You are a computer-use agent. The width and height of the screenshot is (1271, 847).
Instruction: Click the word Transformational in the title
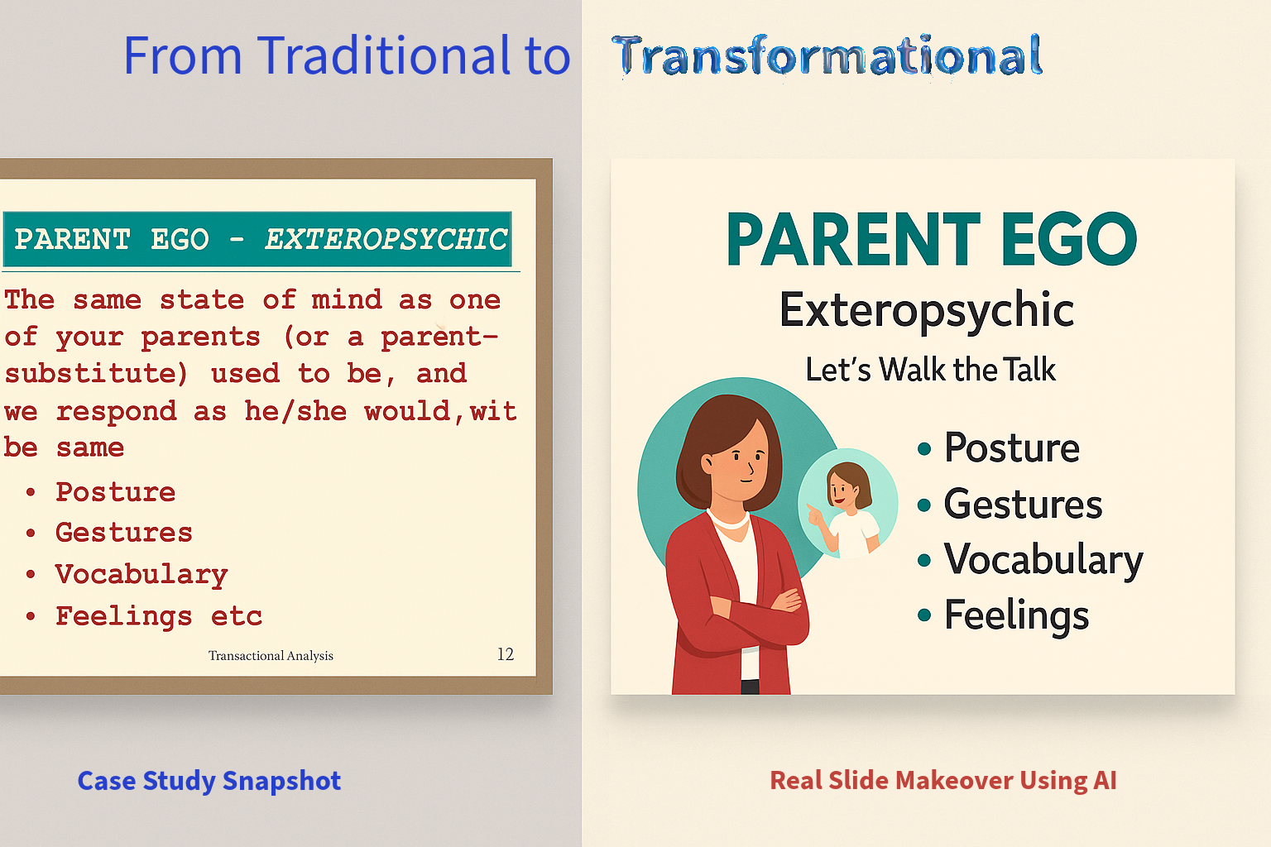[827, 55]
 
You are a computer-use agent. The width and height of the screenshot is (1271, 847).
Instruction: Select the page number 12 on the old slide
[506, 654]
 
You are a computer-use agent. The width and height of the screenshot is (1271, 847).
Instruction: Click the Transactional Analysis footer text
[271, 655]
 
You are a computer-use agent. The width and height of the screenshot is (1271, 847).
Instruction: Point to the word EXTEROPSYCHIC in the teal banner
[386, 239]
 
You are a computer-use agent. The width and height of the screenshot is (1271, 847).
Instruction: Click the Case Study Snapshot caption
[209, 781]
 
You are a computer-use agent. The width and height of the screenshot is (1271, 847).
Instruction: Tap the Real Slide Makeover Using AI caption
[943, 780]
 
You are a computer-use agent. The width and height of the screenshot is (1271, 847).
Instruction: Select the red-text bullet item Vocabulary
[141, 575]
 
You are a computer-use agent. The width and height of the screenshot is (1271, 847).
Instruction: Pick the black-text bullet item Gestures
[1023, 504]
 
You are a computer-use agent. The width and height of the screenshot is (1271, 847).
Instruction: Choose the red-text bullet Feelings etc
[159, 617]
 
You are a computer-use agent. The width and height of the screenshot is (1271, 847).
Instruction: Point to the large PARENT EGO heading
[932, 239]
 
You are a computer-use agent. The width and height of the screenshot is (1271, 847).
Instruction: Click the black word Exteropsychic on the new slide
[927, 310]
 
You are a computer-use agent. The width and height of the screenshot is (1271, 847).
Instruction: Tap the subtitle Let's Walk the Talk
[931, 369]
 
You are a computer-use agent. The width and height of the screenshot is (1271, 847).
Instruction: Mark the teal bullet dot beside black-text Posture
[924, 449]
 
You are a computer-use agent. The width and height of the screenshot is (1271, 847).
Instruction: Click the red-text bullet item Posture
[115, 491]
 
